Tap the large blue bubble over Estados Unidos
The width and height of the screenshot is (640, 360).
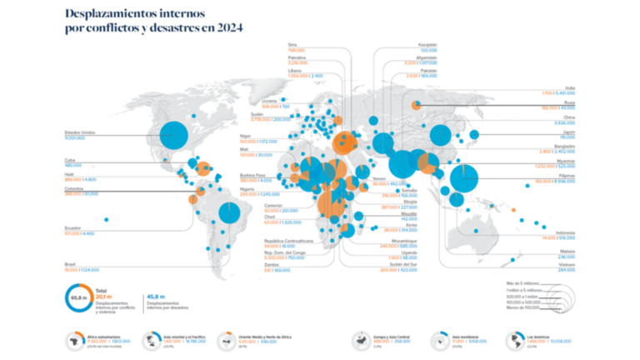click(174, 133)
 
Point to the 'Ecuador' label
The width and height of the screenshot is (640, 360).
click(73, 227)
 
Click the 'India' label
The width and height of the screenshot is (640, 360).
click(570, 87)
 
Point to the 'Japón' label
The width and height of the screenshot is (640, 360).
click(569, 132)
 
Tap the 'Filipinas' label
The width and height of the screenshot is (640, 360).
click(567, 175)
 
